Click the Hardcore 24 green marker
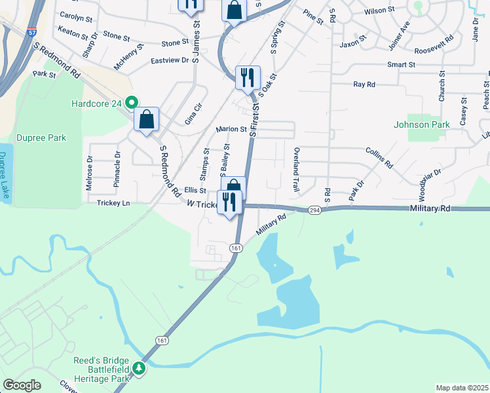pyautogui.click(x=131, y=102)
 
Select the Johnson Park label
pyautogui.click(x=421, y=124)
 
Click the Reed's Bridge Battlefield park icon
pyautogui.click(x=139, y=369)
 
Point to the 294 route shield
pyautogui.click(x=314, y=210)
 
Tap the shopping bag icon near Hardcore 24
pyautogui.click(x=147, y=120)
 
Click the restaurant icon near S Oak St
pyautogui.click(x=248, y=78)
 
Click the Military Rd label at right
pyautogui.click(x=431, y=208)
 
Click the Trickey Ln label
pyautogui.click(x=113, y=203)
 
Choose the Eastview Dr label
pyautogui.click(x=169, y=60)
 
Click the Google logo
pyautogui.click(x=22, y=385)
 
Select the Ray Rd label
pyautogui.click(x=364, y=84)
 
